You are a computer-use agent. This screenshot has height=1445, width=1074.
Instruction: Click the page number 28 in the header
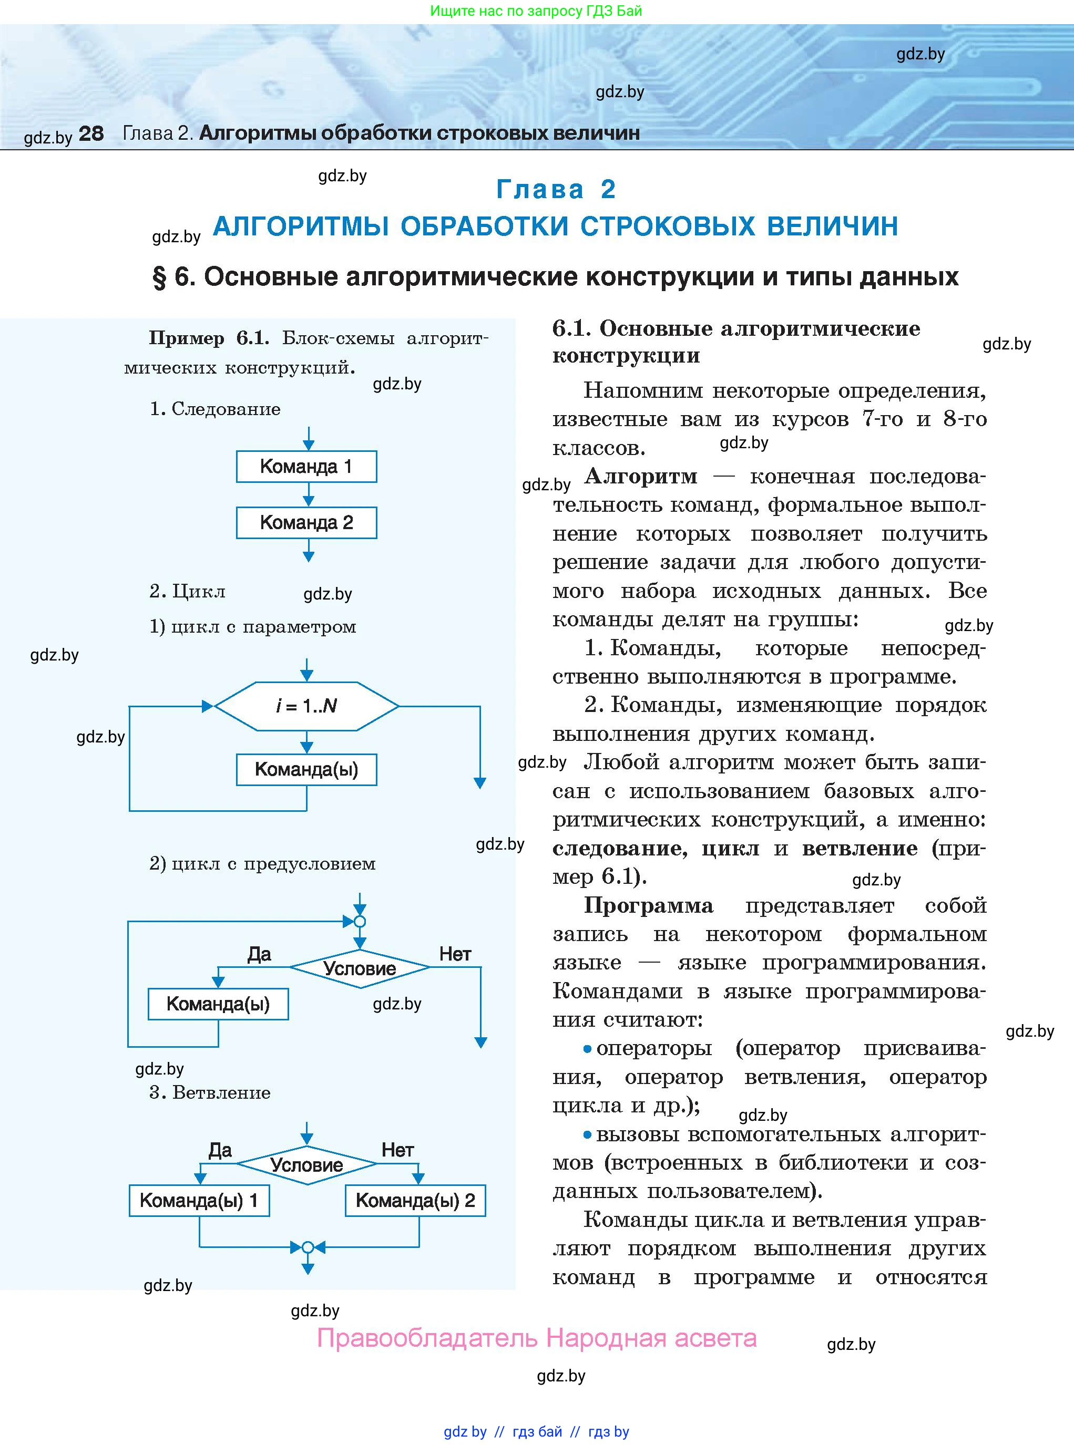[91, 134]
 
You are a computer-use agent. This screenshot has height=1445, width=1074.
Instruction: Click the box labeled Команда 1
[306, 467]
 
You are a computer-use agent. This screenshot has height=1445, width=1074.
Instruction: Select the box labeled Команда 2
[306, 522]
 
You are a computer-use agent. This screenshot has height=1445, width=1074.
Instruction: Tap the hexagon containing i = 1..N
[306, 706]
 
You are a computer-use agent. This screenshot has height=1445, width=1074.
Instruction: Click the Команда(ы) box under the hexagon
[306, 769]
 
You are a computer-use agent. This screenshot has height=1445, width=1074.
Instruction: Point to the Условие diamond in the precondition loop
[360, 968]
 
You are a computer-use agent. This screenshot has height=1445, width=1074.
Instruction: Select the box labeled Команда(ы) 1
[199, 1201]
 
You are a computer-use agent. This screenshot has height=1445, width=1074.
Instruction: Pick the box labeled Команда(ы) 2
[415, 1201]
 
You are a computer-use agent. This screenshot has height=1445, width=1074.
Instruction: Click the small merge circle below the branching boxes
[308, 1247]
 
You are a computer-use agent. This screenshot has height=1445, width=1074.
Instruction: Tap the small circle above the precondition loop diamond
[360, 921]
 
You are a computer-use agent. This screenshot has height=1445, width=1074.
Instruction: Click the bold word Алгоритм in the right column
[640, 476]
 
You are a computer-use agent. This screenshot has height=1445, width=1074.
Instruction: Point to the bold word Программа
[648, 905]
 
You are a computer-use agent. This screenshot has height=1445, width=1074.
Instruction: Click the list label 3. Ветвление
[210, 1093]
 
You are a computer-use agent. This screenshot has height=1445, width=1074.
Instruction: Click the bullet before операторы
[587, 1049]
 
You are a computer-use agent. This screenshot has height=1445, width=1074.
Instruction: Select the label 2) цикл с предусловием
[263, 863]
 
